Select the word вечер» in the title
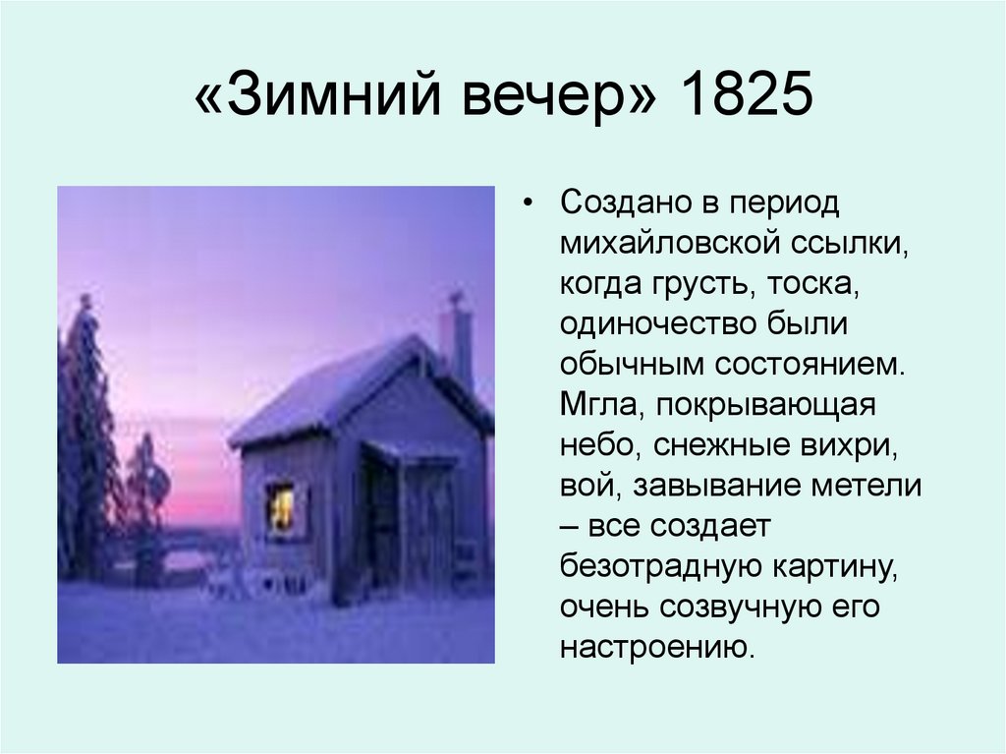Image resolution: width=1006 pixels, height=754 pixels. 544,102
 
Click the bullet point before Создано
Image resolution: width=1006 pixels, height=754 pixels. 530,205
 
